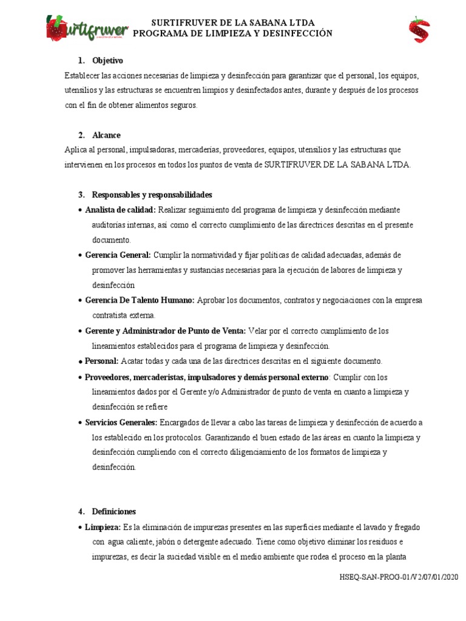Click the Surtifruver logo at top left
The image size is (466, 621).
87,28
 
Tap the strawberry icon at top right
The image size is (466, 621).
419,29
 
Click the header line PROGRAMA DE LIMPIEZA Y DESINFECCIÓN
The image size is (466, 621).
232,33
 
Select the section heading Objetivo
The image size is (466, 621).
107,61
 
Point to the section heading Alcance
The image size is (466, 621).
106,135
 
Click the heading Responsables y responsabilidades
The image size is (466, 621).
152,195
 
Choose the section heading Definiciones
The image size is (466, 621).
113,511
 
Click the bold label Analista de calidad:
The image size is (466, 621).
121,210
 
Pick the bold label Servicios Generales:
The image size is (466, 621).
121,422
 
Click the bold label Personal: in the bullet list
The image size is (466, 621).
101,361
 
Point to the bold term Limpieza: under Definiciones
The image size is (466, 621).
103,526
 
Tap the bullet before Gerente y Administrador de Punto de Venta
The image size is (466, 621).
80,331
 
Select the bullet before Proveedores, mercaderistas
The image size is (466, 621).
80,377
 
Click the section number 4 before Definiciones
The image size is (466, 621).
81,511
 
